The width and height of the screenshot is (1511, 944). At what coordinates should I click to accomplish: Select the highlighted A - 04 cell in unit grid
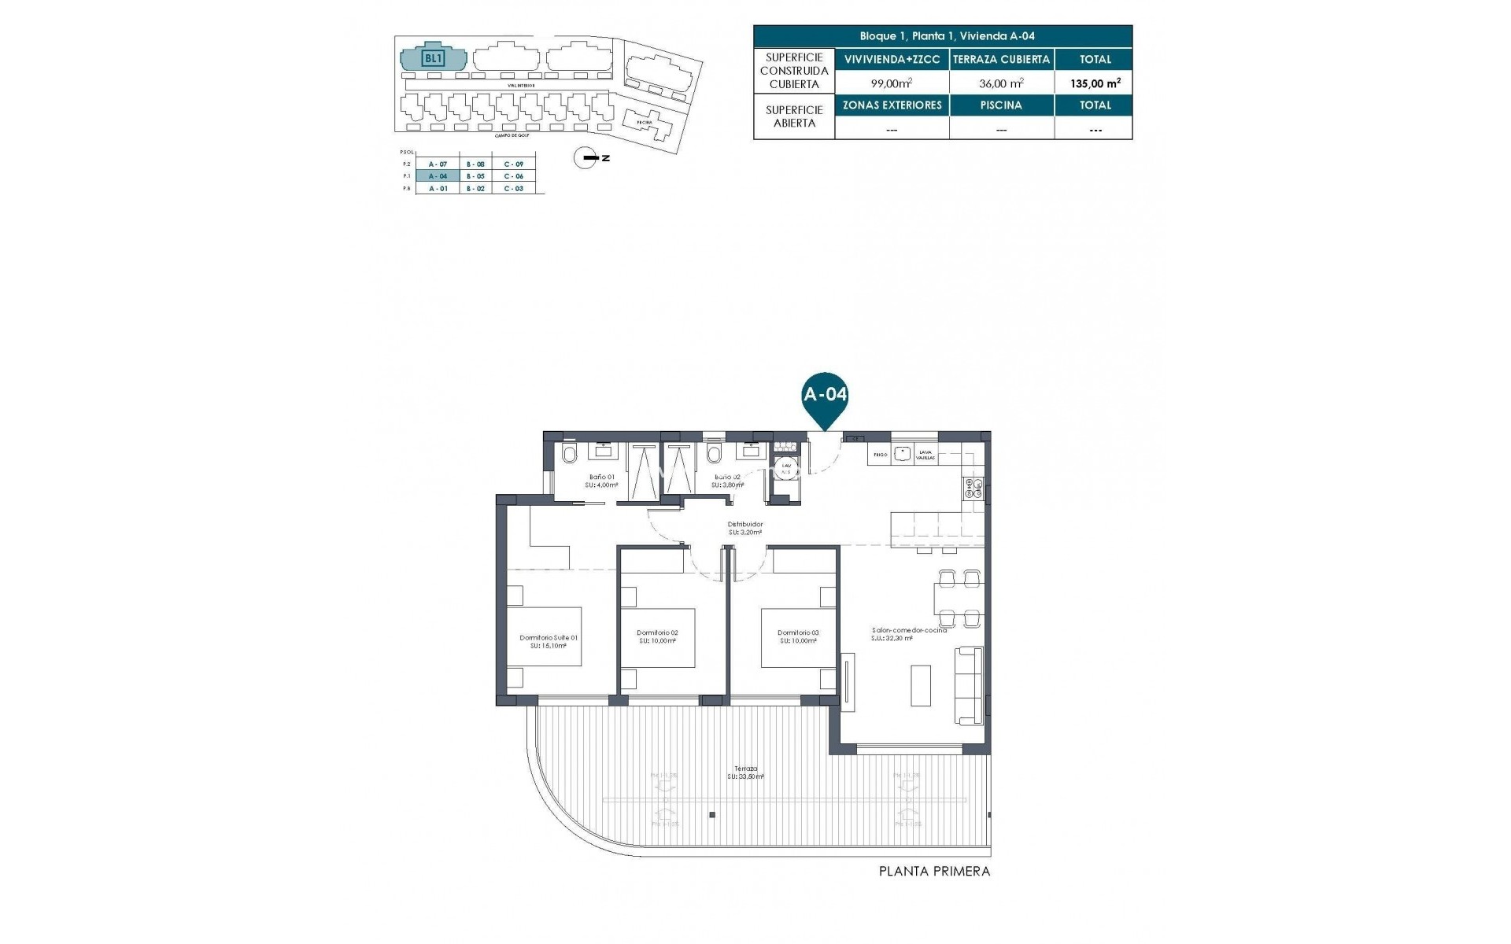click(x=438, y=176)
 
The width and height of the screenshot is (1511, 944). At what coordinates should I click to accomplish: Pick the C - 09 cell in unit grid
click(x=514, y=164)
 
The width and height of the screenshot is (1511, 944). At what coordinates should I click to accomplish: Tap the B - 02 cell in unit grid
click(x=475, y=189)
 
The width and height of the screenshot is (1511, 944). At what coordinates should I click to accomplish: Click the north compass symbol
click(x=586, y=158)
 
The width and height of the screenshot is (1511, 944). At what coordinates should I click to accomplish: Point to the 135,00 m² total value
click(x=1094, y=83)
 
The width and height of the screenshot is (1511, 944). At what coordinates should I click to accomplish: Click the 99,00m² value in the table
click(x=892, y=83)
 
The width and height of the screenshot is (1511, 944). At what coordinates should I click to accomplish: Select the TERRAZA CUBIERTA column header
click(x=1002, y=59)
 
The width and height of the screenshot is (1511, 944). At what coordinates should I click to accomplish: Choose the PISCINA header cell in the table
click(x=1002, y=105)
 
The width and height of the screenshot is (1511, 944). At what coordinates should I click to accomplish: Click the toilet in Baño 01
click(x=571, y=454)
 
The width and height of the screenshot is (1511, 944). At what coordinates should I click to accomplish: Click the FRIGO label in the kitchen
click(x=880, y=455)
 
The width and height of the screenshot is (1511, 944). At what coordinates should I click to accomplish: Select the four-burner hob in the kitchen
click(x=973, y=489)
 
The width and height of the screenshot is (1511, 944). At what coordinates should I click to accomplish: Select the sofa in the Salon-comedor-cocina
click(x=969, y=685)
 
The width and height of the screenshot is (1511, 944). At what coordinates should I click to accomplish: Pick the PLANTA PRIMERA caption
click(x=934, y=872)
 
